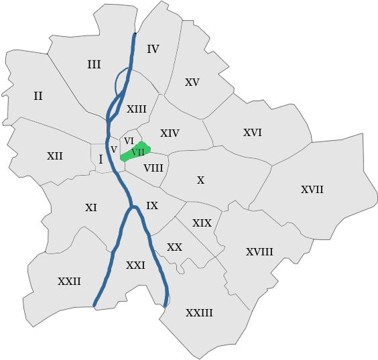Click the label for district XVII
coord(312,190)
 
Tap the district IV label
coord(153,49)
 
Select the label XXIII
coord(199,313)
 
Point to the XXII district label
coord(69,282)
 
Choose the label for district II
coord(38,96)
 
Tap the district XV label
coord(192,82)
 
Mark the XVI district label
coord(252,133)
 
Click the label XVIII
coord(259,252)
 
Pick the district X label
coord(200,180)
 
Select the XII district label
coord(55,156)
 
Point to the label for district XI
coord(91,208)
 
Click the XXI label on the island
coord(135,265)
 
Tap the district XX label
coord(174,247)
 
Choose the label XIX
coord(202,223)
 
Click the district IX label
coord(152,206)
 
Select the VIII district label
coord(153,167)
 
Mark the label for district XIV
coord(170,133)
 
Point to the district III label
coord(94,64)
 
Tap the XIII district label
coord(136,109)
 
